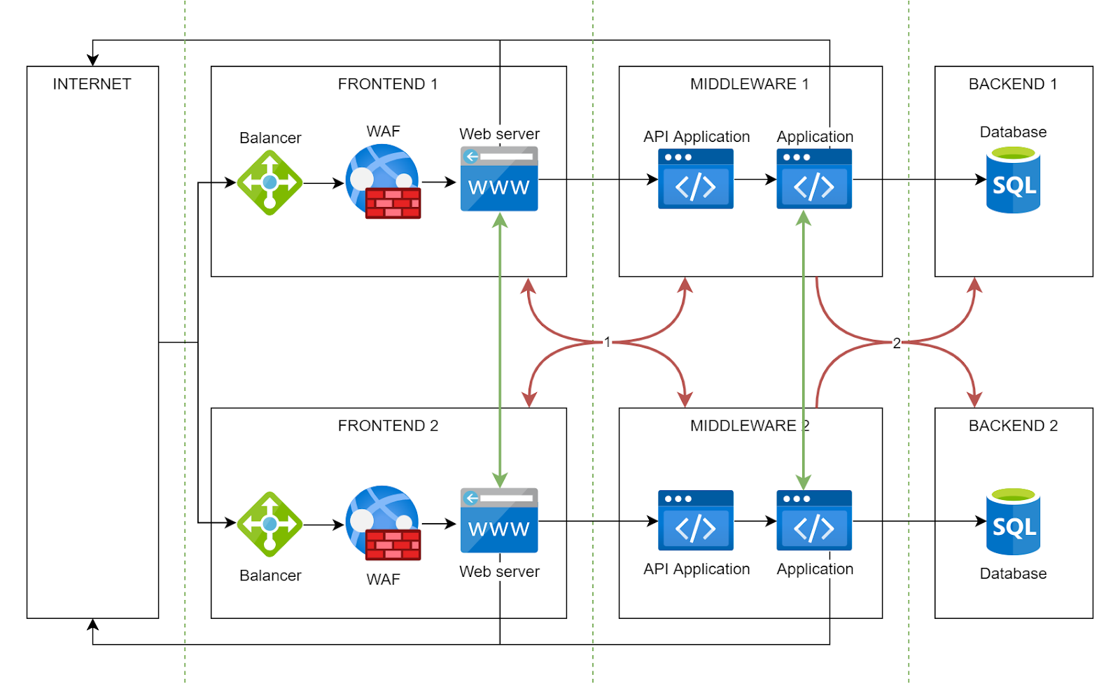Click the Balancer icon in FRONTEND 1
[x=269, y=183]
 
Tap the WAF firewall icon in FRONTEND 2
[x=384, y=523]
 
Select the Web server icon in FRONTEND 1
[x=499, y=179]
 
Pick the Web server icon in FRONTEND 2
[x=499, y=520]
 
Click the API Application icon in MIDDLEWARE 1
[x=695, y=179]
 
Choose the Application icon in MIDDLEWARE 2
[x=814, y=520]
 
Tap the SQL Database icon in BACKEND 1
[x=1013, y=180]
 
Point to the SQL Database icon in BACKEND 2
[x=1013, y=522]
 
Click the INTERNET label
[x=92, y=84]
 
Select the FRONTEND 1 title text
[x=388, y=84]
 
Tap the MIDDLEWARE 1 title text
[x=750, y=84]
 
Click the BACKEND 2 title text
[x=1013, y=426]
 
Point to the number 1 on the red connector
[x=608, y=342]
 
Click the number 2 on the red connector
[x=897, y=343]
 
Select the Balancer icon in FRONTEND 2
[x=269, y=524]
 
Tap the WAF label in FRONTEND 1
[x=383, y=131]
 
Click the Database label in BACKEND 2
[x=1013, y=573]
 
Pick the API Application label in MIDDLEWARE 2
[x=696, y=569]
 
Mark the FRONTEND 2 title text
[x=388, y=426]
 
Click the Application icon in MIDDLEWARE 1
[x=814, y=179]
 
